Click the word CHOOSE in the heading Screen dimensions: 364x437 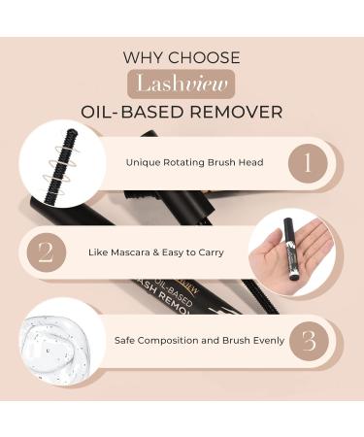[204, 57]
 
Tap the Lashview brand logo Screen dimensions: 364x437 [181, 84]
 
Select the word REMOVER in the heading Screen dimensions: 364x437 [236, 112]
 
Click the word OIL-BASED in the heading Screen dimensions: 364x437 [133, 112]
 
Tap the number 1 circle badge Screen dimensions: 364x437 [308, 163]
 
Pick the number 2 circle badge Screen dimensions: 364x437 [47, 252]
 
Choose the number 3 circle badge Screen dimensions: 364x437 [309, 341]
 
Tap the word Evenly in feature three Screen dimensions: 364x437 [269, 341]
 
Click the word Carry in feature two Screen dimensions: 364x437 [212, 252]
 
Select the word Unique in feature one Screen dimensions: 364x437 [143, 162]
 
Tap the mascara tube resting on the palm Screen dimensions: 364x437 [290, 249]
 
